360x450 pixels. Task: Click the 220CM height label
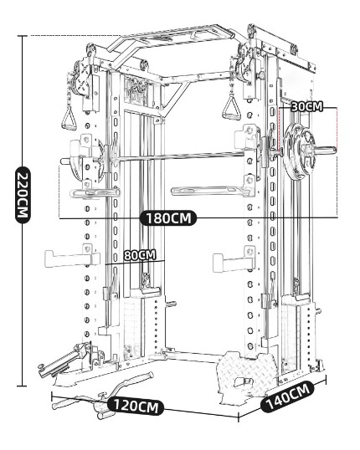[x=22, y=194]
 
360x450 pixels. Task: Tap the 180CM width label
[x=169, y=218]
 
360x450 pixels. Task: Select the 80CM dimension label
[x=140, y=255]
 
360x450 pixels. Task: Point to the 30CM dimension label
[x=306, y=107]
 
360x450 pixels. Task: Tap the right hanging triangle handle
[x=225, y=110]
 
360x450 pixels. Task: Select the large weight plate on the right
[x=300, y=150]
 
